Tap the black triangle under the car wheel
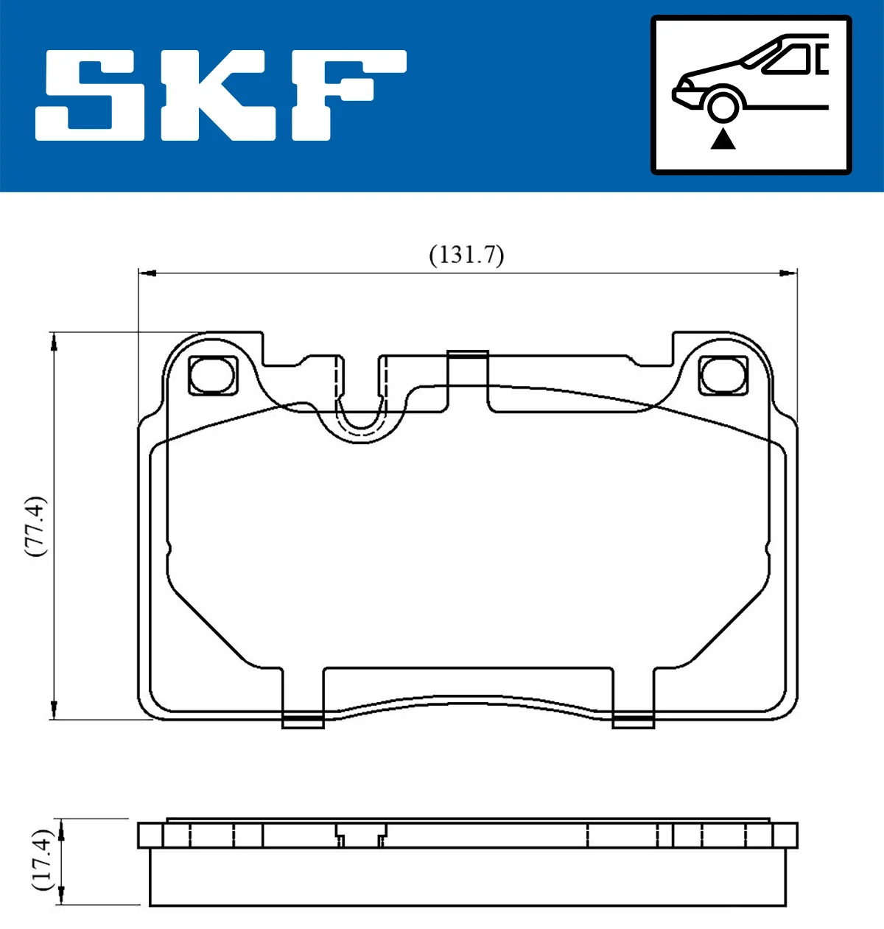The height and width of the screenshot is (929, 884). tap(723, 139)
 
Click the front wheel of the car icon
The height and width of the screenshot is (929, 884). tap(723, 105)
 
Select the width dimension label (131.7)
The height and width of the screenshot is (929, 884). tap(466, 255)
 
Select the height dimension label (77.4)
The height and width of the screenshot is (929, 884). tap(35, 525)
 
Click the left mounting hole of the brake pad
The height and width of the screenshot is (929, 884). tap(211, 375)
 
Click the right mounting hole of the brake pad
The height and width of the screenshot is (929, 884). tap(723, 375)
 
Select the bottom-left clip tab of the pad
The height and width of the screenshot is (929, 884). tap(303, 721)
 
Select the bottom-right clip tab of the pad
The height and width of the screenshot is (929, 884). tap(633, 721)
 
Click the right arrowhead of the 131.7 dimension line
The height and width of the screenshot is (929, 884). tap(789, 273)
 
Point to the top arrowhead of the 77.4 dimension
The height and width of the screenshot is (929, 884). tap(54, 341)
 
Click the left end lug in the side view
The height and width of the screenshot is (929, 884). tap(150, 835)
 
